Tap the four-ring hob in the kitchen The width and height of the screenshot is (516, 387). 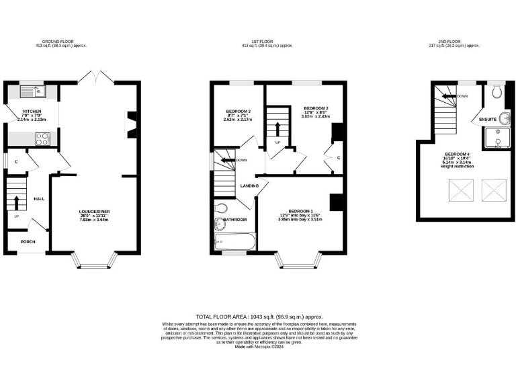41,139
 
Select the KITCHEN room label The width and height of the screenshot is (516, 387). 32,110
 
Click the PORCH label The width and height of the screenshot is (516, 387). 28,242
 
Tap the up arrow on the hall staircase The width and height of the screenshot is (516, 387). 17,200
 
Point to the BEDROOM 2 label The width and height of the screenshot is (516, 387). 315,107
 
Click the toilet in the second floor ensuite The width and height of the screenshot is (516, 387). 496,93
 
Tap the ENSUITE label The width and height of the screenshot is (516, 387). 488,119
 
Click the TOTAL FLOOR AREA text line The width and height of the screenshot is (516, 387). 259,316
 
